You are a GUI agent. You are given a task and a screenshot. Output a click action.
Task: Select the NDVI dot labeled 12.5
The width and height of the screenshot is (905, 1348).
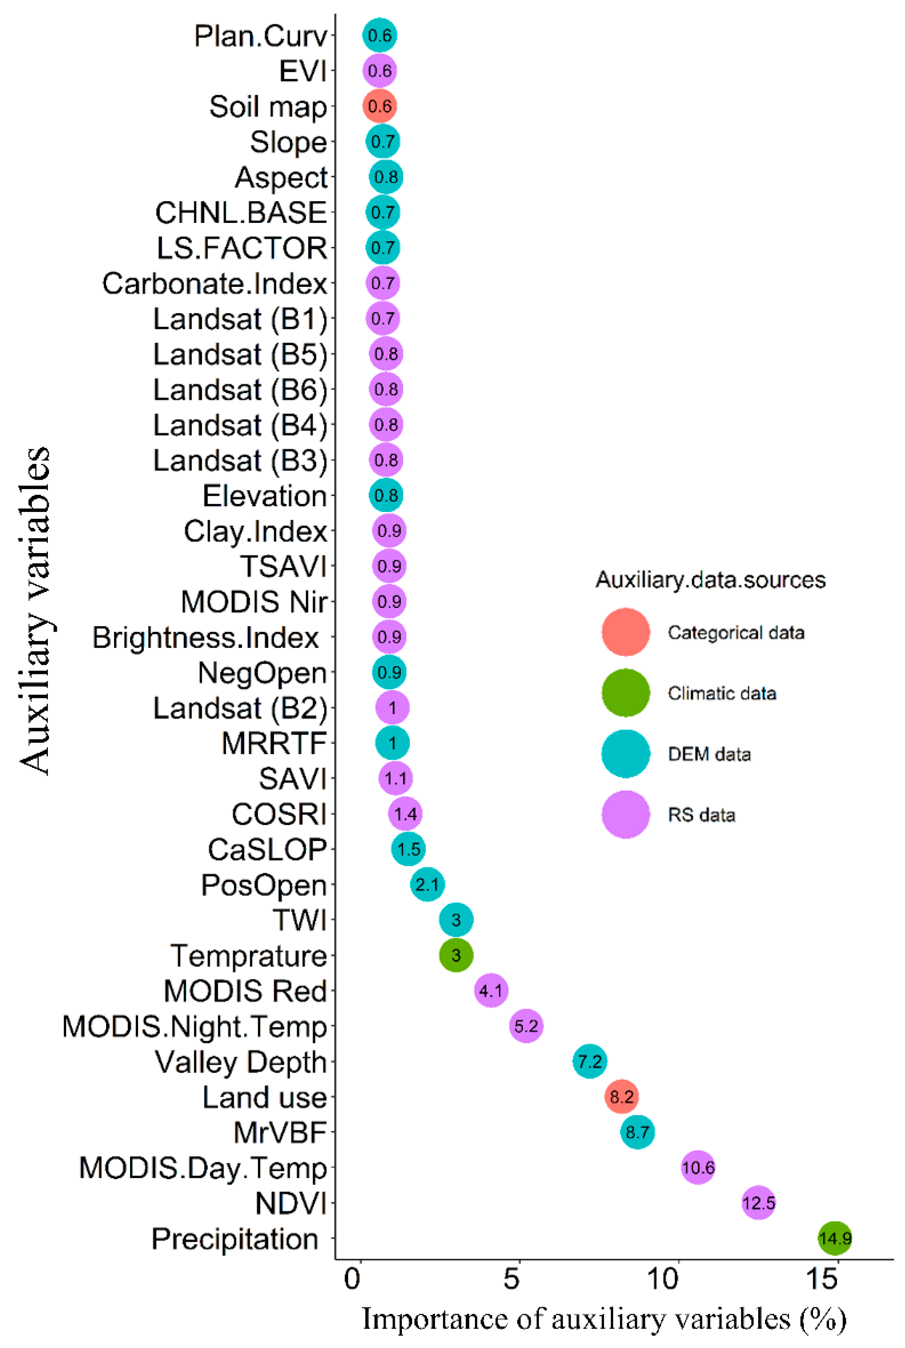click(x=758, y=1203)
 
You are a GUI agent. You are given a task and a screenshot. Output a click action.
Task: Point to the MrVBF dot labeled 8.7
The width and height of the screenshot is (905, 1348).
click(x=637, y=1132)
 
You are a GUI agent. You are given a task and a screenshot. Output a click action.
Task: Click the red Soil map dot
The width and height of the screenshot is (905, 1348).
click(x=379, y=106)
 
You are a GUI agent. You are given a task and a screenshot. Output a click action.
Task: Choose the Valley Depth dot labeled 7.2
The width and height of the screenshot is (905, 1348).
click(x=589, y=1061)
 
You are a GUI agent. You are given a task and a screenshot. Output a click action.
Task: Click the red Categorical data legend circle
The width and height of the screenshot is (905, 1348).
click(x=626, y=632)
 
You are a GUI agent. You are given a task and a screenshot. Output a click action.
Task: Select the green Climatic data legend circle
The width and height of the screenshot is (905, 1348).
click(x=626, y=693)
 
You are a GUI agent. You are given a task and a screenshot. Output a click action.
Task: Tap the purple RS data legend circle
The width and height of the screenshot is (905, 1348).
click(x=626, y=815)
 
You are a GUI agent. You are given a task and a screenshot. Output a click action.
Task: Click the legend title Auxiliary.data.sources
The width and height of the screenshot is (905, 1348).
click(x=710, y=580)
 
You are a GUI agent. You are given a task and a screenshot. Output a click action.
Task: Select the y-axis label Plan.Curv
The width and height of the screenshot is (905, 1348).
click(x=260, y=36)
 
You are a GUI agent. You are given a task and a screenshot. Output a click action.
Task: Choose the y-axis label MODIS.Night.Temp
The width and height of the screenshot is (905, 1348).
click(x=195, y=1027)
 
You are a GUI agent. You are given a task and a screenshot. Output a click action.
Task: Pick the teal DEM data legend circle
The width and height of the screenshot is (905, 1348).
click(x=626, y=753)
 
